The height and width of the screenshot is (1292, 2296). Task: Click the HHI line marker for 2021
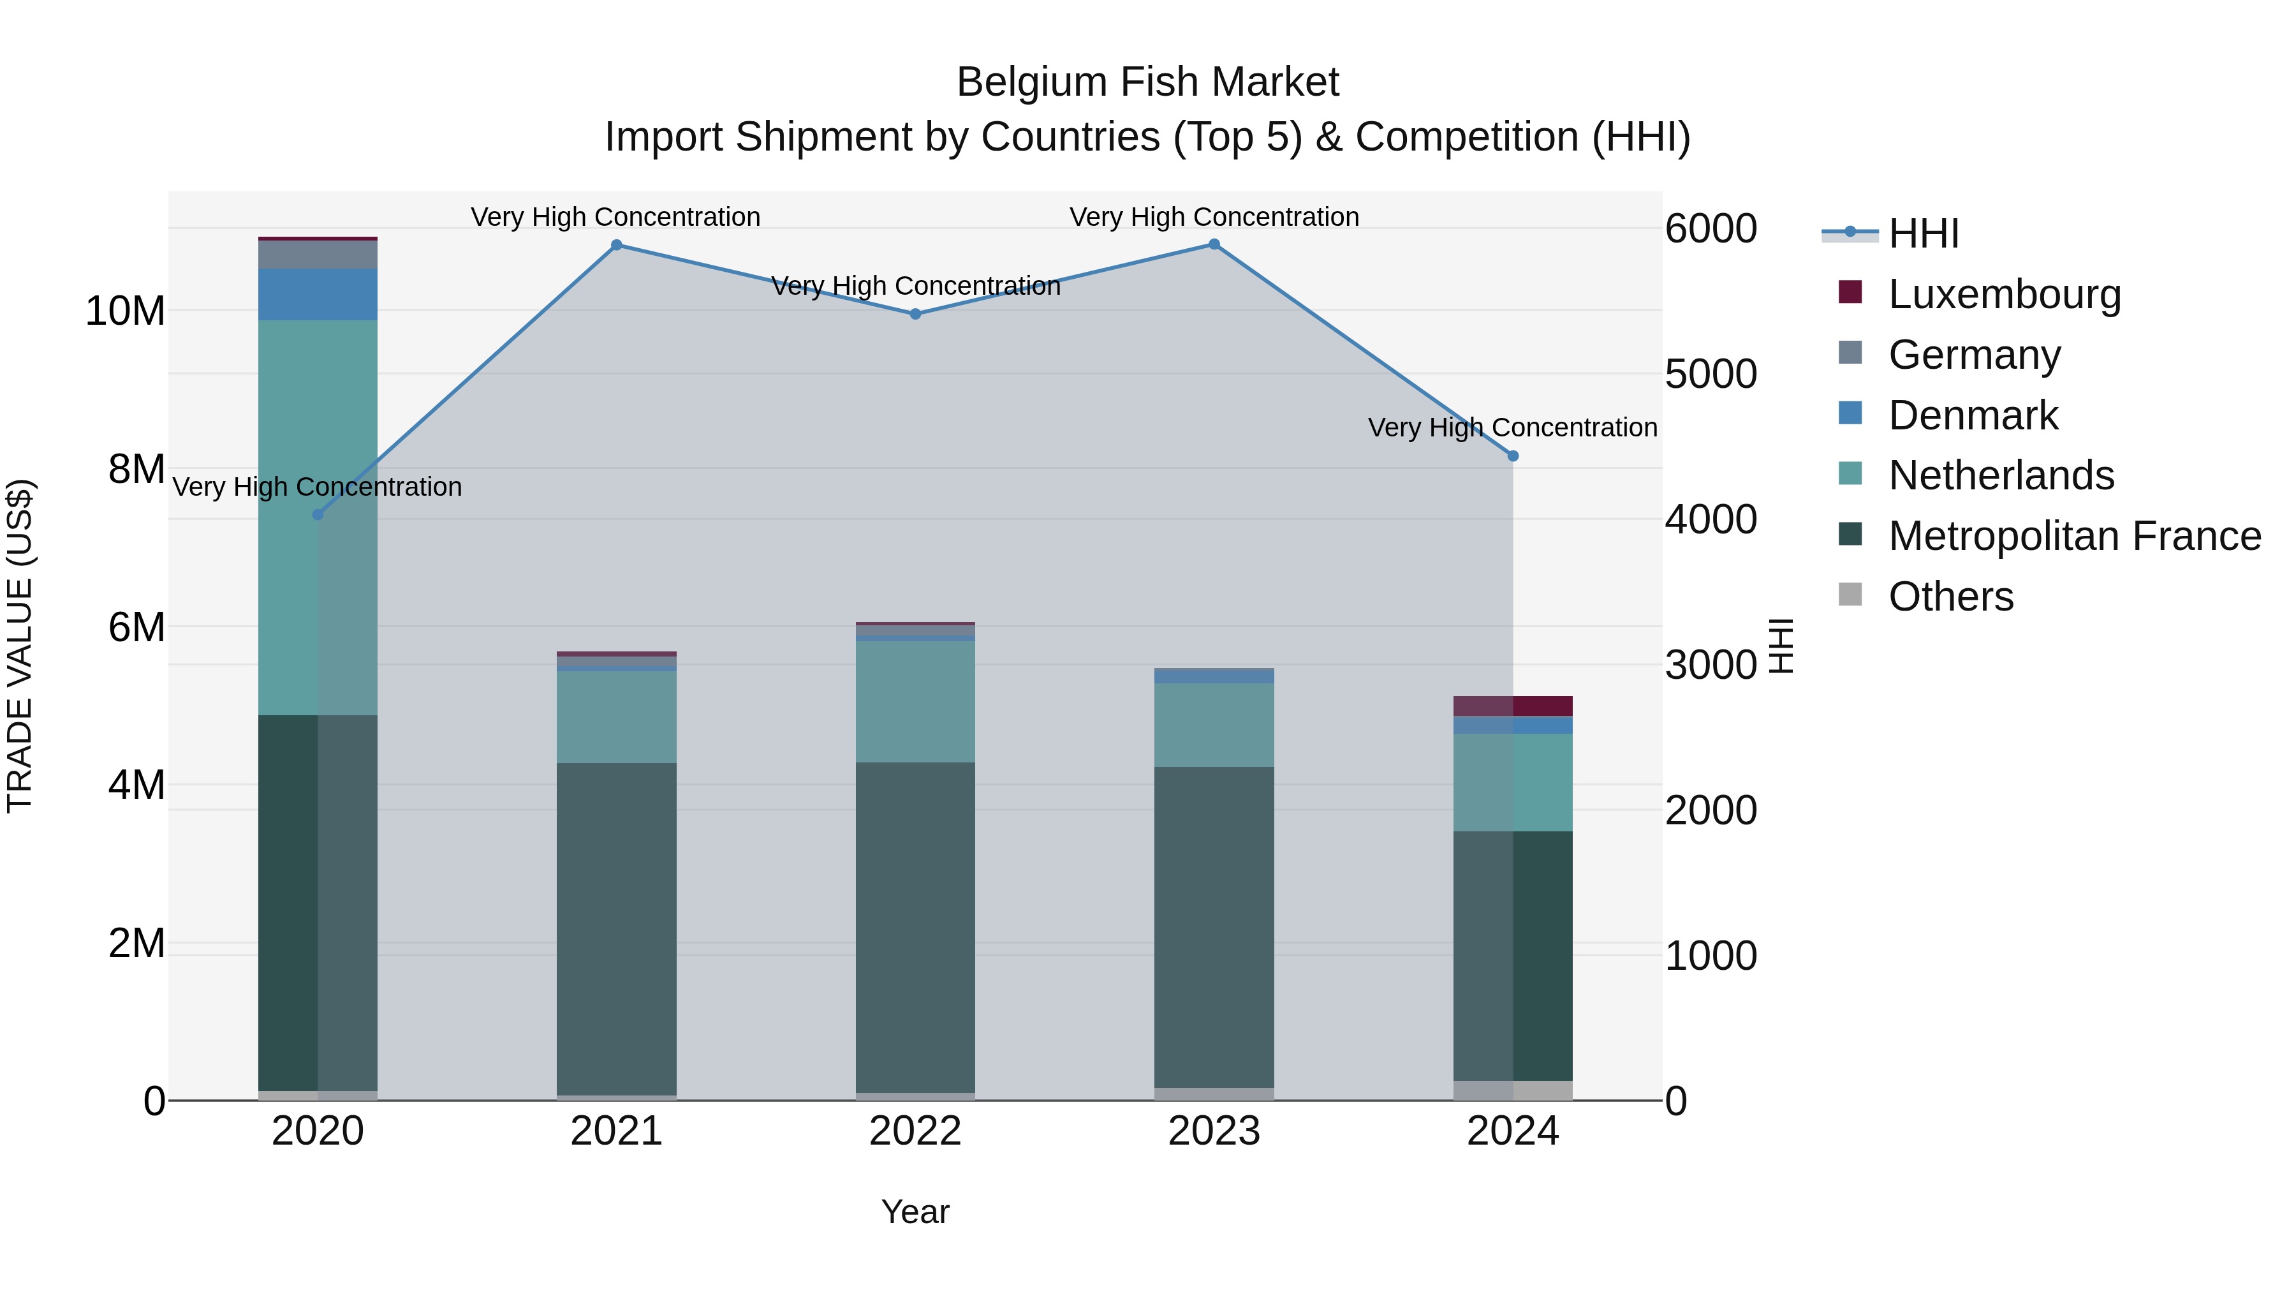coord(616,245)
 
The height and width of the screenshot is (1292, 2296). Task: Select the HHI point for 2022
coord(915,314)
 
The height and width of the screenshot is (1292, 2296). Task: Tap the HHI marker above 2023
coord(1214,244)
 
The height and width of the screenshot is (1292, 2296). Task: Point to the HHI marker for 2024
coord(1513,456)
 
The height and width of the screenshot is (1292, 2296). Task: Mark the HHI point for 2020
coord(318,514)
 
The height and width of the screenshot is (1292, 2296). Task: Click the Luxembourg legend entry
coord(2004,294)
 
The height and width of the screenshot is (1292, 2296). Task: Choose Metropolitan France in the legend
coord(2074,536)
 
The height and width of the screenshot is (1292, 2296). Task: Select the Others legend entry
coord(1950,597)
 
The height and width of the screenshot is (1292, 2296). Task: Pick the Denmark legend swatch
coord(1850,413)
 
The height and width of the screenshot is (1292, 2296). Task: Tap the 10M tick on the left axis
coord(125,311)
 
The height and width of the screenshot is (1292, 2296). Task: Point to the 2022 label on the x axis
coord(915,1131)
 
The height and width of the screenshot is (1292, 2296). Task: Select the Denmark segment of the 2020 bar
coord(318,294)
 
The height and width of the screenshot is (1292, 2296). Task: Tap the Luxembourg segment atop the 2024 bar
coord(1513,705)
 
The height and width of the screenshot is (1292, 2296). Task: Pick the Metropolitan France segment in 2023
coord(1214,927)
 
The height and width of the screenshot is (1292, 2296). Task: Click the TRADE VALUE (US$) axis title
coord(20,646)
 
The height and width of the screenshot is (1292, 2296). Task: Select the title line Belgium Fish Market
coord(1147,82)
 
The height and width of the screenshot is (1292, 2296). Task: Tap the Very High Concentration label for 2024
coord(1513,428)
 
